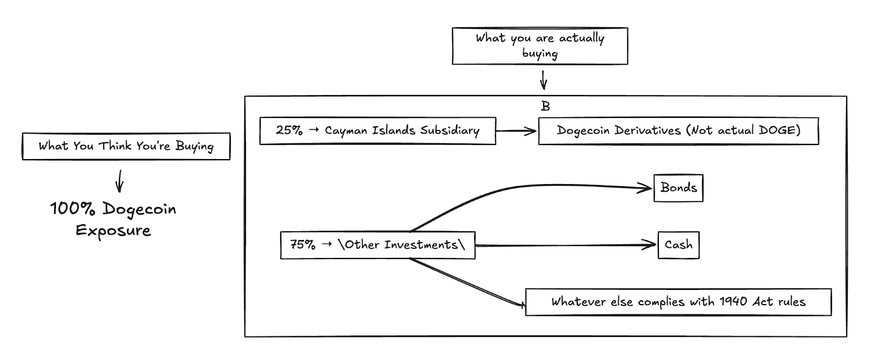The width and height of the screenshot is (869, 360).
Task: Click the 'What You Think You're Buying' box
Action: point(126,146)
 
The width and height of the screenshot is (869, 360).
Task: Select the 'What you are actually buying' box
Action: point(540,46)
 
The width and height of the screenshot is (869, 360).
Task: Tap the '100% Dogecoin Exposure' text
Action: point(113,219)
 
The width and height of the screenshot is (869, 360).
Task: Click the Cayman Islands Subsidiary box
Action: point(377,131)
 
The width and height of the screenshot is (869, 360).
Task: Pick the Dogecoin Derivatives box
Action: point(678,131)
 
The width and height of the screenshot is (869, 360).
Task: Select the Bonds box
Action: point(678,188)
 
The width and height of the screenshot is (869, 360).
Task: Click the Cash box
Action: point(678,245)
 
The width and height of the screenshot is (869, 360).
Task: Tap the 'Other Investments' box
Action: point(377,245)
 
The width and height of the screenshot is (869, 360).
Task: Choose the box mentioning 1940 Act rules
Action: point(678,302)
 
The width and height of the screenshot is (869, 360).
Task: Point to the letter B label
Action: point(545,106)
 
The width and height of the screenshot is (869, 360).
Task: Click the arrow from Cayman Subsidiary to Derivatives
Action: point(516,131)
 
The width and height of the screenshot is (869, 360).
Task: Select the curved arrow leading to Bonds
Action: point(521,187)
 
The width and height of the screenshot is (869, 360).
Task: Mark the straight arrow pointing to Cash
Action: point(565,245)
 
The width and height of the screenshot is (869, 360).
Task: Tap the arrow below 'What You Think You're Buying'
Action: point(119,181)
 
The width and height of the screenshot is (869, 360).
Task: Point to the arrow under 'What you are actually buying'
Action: point(543,80)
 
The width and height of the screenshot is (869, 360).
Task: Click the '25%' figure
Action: point(289,131)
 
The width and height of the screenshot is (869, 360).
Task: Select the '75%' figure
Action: point(303,245)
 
